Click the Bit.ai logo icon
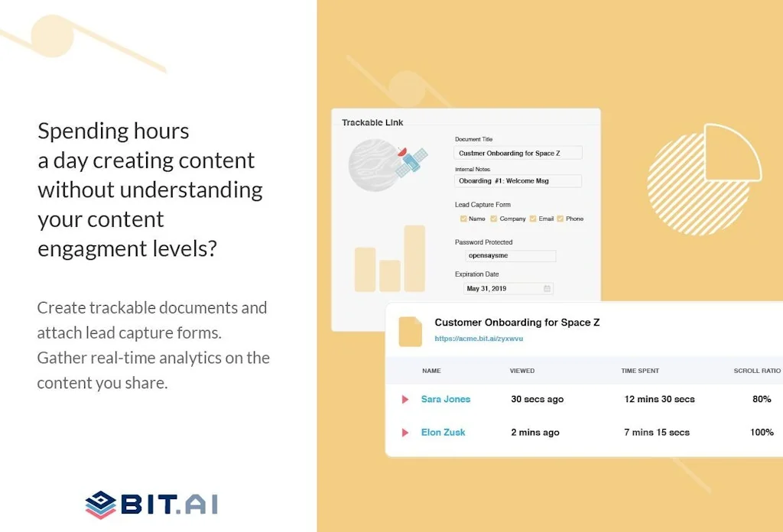(100, 504)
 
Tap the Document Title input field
(518, 153)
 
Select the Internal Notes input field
(518, 181)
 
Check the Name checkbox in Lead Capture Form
(463, 219)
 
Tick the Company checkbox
(494, 219)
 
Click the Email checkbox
(533, 219)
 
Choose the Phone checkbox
(560, 219)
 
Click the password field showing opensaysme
(511, 256)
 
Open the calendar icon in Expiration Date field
(547, 289)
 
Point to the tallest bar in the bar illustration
(414, 258)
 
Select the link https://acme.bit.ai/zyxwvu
(479, 338)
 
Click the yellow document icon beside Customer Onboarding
(410, 330)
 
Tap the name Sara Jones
(446, 399)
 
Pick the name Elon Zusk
(443, 433)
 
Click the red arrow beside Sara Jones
(405, 399)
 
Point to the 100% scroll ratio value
(762, 433)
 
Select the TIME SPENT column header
(640, 371)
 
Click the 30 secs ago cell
(538, 399)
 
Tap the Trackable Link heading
(372, 122)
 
